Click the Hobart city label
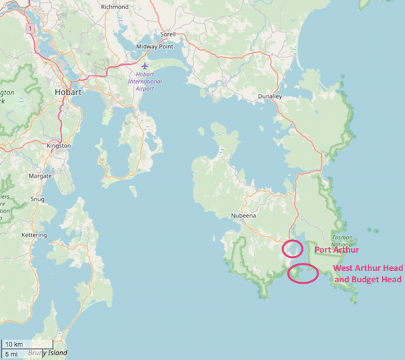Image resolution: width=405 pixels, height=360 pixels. click(x=68, y=92)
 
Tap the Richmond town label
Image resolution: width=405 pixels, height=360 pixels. click(x=114, y=7)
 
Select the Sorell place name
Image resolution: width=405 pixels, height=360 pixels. click(x=168, y=34)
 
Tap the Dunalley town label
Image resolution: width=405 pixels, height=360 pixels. click(x=270, y=97)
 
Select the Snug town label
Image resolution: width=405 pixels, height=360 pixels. click(x=38, y=199)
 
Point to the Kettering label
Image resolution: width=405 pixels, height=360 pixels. click(x=34, y=235)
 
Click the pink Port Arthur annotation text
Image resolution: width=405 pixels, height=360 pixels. click(x=337, y=250)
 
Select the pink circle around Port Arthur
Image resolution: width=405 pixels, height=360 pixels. click(x=292, y=249)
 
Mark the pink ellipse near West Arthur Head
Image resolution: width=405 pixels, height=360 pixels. click(x=303, y=274)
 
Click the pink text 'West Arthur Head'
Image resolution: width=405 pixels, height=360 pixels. click(x=368, y=268)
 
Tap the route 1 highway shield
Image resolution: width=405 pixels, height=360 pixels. click(x=30, y=29)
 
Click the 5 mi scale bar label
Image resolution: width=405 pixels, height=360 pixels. click(x=11, y=353)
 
